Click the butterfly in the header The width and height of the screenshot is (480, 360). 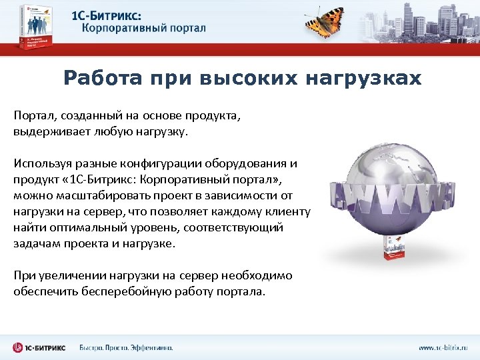tap(325, 22)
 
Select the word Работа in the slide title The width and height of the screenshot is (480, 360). tap(103, 79)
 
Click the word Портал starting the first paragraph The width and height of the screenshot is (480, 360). tap(31, 115)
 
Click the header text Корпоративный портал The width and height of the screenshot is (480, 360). tap(144, 29)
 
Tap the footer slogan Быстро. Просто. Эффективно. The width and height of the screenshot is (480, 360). tap(126, 347)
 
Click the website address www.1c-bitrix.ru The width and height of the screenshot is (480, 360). tap(443, 347)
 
